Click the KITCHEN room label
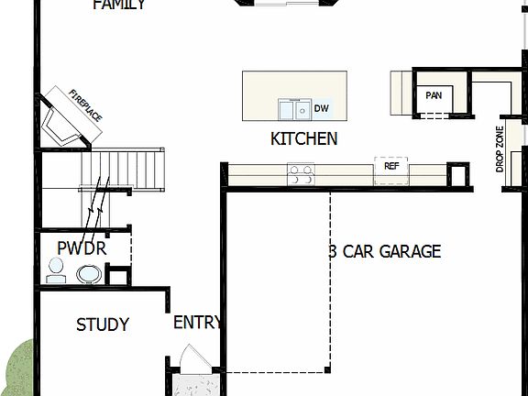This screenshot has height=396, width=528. coord(303,139)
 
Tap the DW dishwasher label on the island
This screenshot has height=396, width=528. coord(321,109)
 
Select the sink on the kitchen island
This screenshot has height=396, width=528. coord(294,110)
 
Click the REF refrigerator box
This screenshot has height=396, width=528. coord(391,168)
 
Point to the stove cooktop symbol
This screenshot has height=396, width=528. coord(300,173)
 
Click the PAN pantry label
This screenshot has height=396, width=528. coord(433,94)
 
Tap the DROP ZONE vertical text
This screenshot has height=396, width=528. coord(500,150)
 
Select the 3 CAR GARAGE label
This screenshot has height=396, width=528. coord(385,251)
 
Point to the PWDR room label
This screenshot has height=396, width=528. coord(82,248)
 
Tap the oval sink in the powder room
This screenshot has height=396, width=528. coord(90,273)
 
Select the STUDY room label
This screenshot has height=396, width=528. coord(102,324)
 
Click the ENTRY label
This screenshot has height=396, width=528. coord(197,323)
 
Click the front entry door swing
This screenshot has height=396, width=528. coord(193,359)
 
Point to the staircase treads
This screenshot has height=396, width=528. coord(124,169)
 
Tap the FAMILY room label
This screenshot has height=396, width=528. coord(119,5)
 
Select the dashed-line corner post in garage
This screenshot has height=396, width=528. coord(327,370)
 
